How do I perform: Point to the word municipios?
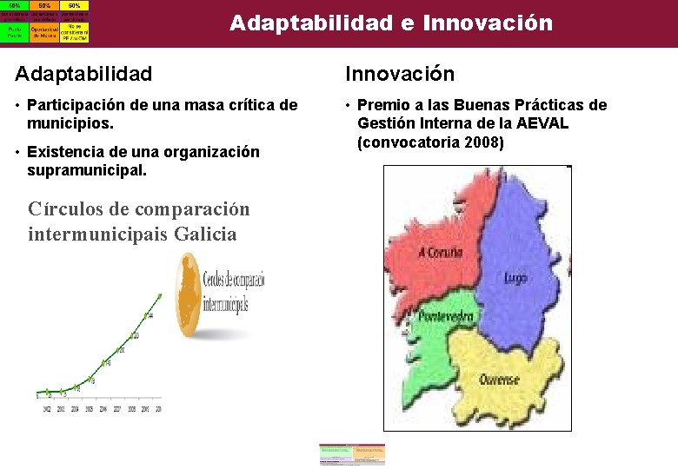click(x=67, y=122)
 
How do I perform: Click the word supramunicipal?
click(x=87, y=170)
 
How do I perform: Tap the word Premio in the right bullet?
click(x=388, y=105)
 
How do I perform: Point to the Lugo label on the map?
click(x=515, y=278)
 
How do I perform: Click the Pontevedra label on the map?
click(x=447, y=316)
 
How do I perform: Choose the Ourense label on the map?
click(x=500, y=380)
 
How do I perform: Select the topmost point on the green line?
click(x=160, y=296)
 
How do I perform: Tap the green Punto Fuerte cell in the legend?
click(x=14, y=30)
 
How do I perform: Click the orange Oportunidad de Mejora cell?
click(x=44, y=30)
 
